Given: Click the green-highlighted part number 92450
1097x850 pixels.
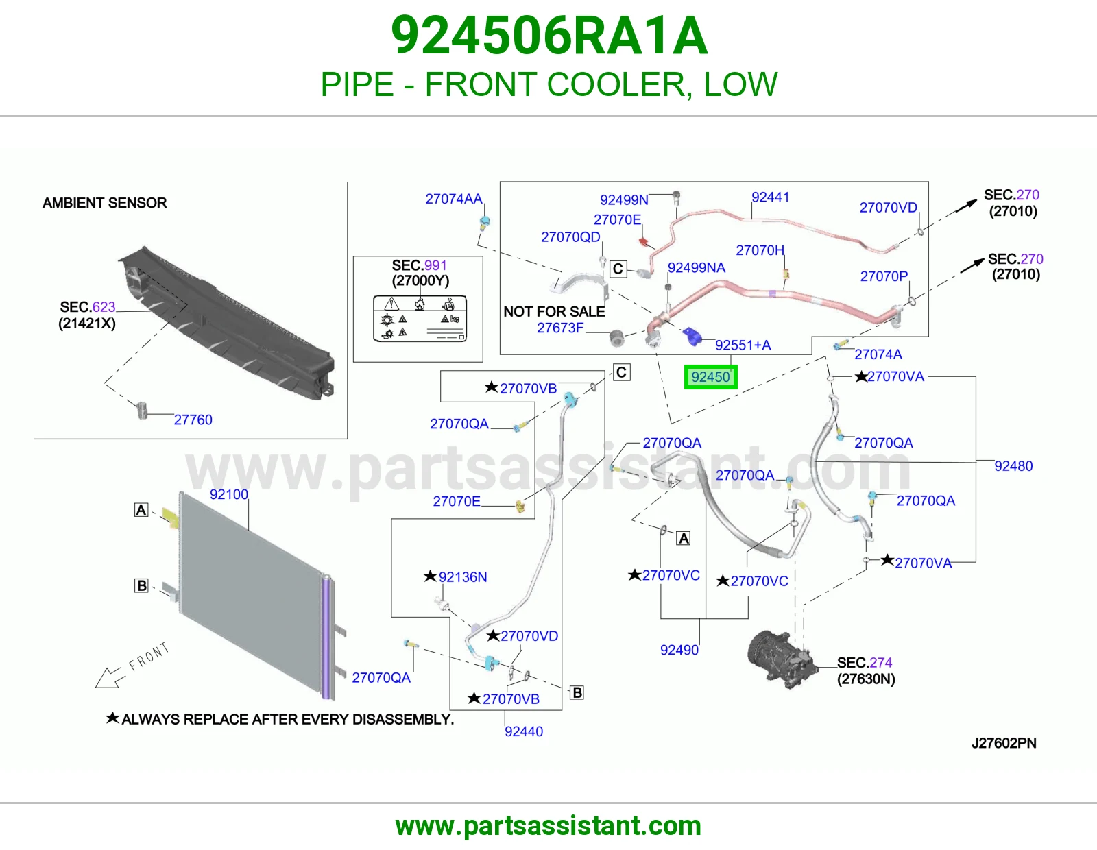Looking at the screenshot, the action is tap(710, 377).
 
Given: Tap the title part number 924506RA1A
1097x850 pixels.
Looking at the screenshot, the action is tap(549, 36).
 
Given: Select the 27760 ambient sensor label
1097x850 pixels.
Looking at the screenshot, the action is tap(193, 420).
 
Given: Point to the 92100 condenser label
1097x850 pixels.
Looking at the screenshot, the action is tap(229, 494).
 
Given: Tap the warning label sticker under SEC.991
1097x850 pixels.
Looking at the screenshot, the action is tap(420, 319).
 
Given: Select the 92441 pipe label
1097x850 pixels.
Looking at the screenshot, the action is tap(770, 197).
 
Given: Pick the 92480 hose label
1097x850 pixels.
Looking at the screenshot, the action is tap(1013, 466).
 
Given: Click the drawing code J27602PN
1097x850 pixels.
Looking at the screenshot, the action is tap(1004, 743).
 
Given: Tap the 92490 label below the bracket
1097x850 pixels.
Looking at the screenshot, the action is tap(679, 650).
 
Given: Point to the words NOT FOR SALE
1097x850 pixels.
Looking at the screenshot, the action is tap(554, 311).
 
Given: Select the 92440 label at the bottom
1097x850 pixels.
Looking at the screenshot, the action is tap(524, 731).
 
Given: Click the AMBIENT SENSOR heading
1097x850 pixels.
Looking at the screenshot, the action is tap(104, 203).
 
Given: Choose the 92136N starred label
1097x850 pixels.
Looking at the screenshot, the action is tap(455, 576).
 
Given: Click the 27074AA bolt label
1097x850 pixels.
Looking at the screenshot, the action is tap(454, 199).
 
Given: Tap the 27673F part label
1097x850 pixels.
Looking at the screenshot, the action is tap(560, 328).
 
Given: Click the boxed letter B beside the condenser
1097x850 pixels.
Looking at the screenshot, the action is tap(142, 585).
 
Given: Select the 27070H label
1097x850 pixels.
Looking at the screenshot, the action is tap(760, 250).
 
